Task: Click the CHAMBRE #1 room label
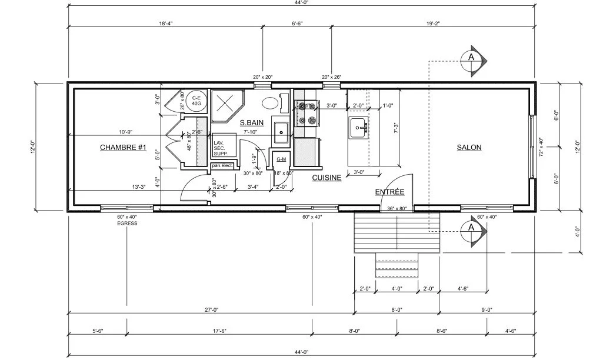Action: coord(122,147)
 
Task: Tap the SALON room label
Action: coord(469,147)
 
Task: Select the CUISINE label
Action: coord(327,177)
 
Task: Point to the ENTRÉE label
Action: coord(389,192)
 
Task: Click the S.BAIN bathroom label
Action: coord(251,123)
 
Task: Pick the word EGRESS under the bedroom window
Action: coord(126,224)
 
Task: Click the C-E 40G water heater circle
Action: coord(196,101)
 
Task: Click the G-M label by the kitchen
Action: coord(281,159)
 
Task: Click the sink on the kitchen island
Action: coord(358,127)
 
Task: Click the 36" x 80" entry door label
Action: coord(397,208)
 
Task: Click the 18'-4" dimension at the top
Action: coord(166,24)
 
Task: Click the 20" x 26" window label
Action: coord(331,77)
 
